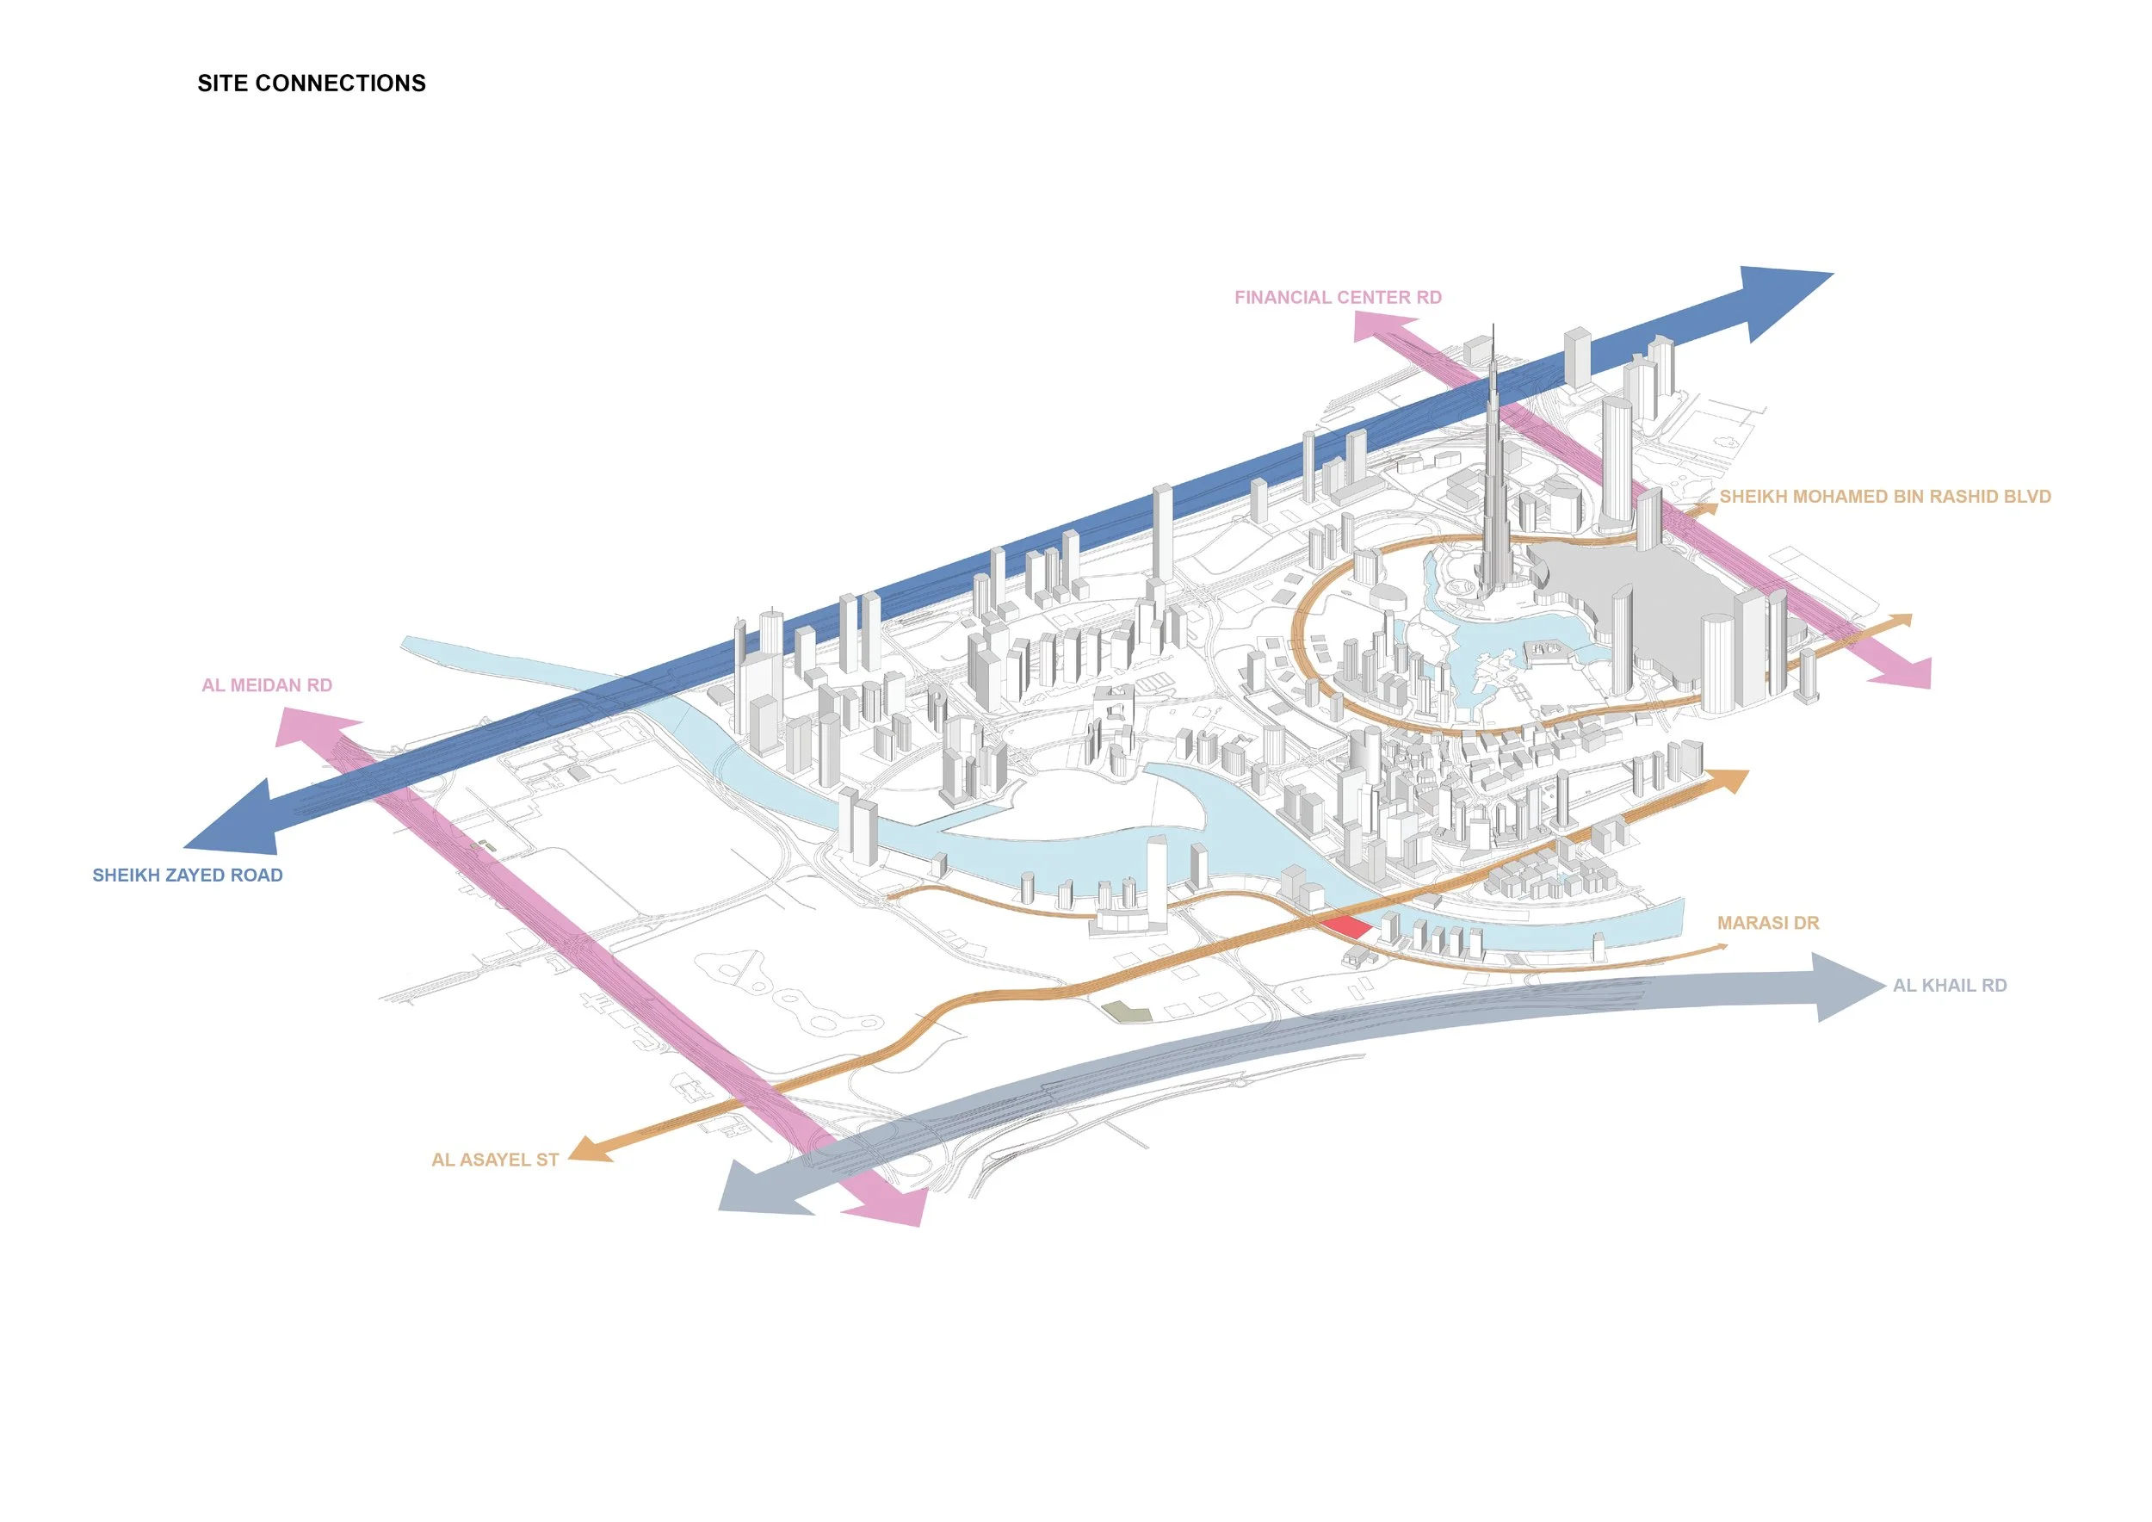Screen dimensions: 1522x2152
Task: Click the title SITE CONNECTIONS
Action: pyautogui.click(x=311, y=84)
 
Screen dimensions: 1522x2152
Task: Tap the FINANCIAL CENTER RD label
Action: pyautogui.click(x=1338, y=297)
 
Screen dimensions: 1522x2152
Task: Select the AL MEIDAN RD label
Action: pyautogui.click(x=267, y=685)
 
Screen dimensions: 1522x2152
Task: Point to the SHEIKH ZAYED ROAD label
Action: pyautogui.click(x=188, y=875)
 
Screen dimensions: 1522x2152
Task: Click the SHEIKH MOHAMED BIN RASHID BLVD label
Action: pyautogui.click(x=1885, y=497)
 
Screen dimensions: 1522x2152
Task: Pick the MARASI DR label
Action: pyautogui.click(x=1768, y=923)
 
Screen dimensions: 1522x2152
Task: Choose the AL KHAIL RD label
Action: pyautogui.click(x=1950, y=985)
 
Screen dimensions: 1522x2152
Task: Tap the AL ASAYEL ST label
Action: pyautogui.click(x=495, y=1160)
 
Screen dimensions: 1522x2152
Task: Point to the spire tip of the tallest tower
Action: pyautogui.click(x=1493, y=327)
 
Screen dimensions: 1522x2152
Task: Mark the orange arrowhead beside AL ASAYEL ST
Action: pyautogui.click(x=591, y=1150)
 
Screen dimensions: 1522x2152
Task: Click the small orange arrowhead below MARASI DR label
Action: pyautogui.click(x=1721, y=948)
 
